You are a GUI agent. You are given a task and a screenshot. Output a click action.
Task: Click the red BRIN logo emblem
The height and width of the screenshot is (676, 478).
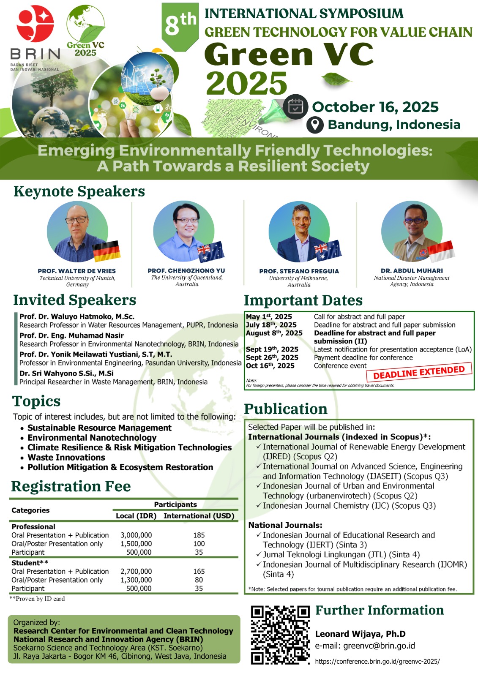coord(35,24)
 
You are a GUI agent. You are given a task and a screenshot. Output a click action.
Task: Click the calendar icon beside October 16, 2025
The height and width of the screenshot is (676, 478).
coord(295,107)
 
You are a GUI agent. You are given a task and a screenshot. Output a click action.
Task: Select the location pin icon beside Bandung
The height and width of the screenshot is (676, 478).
coord(315,125)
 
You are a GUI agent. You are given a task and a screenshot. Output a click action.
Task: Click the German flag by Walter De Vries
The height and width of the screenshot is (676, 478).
coord(107,251)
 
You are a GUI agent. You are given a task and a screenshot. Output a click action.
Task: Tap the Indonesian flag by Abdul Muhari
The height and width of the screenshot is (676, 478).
coord(442,251)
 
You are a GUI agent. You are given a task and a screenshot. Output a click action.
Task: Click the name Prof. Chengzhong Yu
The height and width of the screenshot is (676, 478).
coord(186,271)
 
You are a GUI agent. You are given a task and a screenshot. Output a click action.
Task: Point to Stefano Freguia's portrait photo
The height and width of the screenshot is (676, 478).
coord(299,232)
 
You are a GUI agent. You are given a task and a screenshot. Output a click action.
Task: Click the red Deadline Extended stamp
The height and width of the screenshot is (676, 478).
coord(419,372)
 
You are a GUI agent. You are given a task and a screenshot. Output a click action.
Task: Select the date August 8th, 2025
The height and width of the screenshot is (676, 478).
coord(274,333)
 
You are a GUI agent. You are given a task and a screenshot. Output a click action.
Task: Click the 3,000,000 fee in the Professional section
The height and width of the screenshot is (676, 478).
coord(136,535)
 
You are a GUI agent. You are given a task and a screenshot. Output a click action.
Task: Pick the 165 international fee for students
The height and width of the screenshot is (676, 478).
coord(199,571)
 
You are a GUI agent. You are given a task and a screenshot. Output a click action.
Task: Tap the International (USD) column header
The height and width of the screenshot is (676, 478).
coord(199,516)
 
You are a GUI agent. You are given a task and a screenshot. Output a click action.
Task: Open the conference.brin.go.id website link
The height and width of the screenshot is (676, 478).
coord(377,661)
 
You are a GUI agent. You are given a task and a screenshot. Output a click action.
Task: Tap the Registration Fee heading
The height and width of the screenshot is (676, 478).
coord(71,486)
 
